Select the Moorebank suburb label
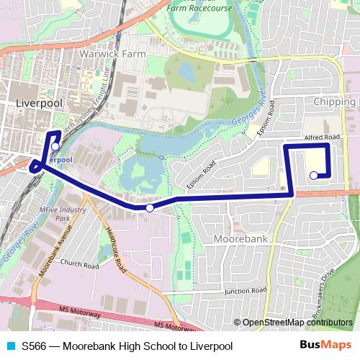[x=241, y=238]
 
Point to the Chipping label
[x=335, y=102]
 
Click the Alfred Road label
[x=321, y=137]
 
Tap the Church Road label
[x=78, y=264]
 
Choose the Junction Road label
[x=245, y=291]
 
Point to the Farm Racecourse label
[x=199, y=9]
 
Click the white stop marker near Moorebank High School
[x=313, y=175]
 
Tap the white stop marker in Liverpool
[x=55, y=146]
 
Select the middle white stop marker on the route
[x=150, y=208]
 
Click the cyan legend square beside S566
[x=10, y=346]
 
